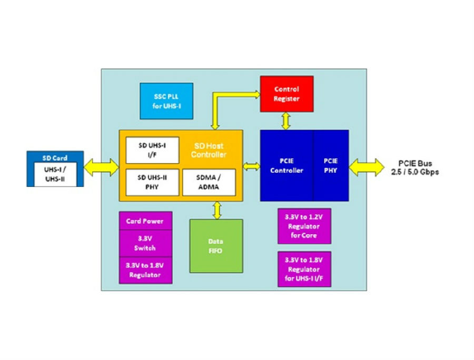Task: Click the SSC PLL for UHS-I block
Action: [166, 101]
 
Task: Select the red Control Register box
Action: [287, 94]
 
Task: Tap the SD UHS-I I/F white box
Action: [152, 150]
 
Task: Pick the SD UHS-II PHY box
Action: [152, 182]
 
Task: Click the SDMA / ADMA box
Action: [209, 182]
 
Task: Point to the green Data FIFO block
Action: [216, 246]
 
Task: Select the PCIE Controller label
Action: [287, 165]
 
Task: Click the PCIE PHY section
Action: [331, 165]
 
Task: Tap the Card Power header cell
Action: [145, 221]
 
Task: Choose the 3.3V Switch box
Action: [145, 244]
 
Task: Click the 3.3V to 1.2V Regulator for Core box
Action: [304, 226]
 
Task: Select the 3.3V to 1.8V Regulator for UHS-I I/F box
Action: [304, 269]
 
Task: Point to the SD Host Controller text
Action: [209, 150]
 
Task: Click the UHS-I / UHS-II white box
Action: [55, 174]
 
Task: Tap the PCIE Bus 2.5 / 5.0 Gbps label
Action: [415, 167]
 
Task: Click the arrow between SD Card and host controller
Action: [101, 167]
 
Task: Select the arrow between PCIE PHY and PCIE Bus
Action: [367, 167]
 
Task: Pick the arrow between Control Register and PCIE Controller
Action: [286, 121]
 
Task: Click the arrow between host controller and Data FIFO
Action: [217, 210]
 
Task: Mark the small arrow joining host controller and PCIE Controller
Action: [251, 166]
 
